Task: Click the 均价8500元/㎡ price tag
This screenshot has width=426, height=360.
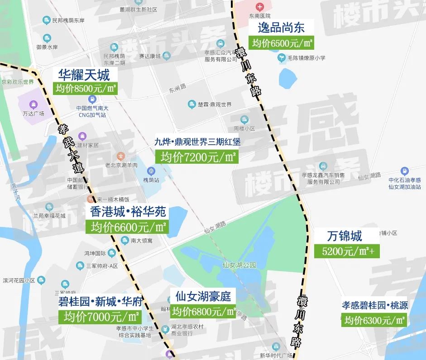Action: pos(85,88)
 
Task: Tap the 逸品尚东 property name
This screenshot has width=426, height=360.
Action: pos(281,28)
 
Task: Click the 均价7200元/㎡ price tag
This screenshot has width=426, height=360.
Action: pos(197,157)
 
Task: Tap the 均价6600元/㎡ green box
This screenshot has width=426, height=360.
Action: pos(128,226)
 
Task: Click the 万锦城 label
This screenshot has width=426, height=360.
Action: pos(344,236)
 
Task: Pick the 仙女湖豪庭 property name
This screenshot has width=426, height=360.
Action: pos(203,297)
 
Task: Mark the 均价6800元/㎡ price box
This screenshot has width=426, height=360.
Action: pos(204,312)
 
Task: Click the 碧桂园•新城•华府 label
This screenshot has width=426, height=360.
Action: pos(100,301)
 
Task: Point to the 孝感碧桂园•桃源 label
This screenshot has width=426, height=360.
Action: pos(375,305)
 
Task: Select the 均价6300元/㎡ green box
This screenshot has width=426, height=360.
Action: pos(374,320)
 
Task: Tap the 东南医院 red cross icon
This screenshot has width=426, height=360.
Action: pos(260,7)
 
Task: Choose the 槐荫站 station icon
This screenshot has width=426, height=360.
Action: pos(151,171)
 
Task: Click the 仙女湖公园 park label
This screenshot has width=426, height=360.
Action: pos(239,265)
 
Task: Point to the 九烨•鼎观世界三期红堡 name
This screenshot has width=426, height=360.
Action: pos(197,142)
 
